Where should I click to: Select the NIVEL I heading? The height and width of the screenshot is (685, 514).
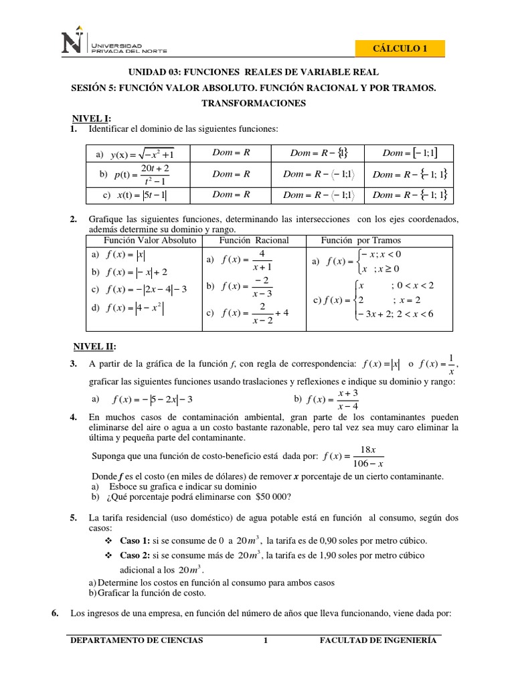point(92,118)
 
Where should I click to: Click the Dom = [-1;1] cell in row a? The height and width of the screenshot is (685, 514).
point(409,153)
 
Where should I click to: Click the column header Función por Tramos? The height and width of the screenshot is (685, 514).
point(361,240)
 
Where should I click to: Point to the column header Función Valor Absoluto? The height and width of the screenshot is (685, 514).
point(149,240)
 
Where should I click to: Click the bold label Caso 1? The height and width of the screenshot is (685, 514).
point(135,541)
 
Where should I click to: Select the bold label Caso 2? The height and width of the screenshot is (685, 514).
point(135,556)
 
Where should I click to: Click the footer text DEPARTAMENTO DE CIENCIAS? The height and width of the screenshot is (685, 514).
point(137,640)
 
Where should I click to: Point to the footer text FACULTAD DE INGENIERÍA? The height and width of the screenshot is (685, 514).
point(379,640)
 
